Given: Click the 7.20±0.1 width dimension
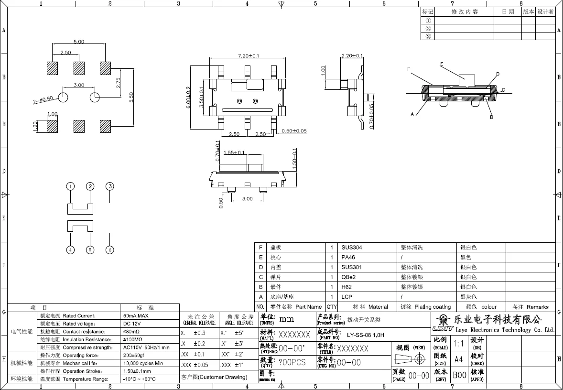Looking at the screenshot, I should [249, 56].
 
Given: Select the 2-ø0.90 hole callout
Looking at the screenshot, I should [43, 100].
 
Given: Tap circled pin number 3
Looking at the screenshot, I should [110, 186].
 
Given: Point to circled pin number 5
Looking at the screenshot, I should [90, 250].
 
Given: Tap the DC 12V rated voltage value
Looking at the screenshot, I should [131, 324].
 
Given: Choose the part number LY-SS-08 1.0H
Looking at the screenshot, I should [365, 335].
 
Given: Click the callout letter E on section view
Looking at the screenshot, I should [442, 64].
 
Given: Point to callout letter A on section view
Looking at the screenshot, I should [412, 114].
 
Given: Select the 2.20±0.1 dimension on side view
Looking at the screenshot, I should [352, 56].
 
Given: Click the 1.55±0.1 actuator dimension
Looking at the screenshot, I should [235, 153].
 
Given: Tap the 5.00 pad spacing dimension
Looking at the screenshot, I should [79, 42].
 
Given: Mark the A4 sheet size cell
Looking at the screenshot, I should [458, 359].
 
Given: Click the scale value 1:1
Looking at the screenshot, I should [458, 344].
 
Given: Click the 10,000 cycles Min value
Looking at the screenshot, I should [143, 363].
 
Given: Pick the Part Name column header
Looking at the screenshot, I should [308, 307].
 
